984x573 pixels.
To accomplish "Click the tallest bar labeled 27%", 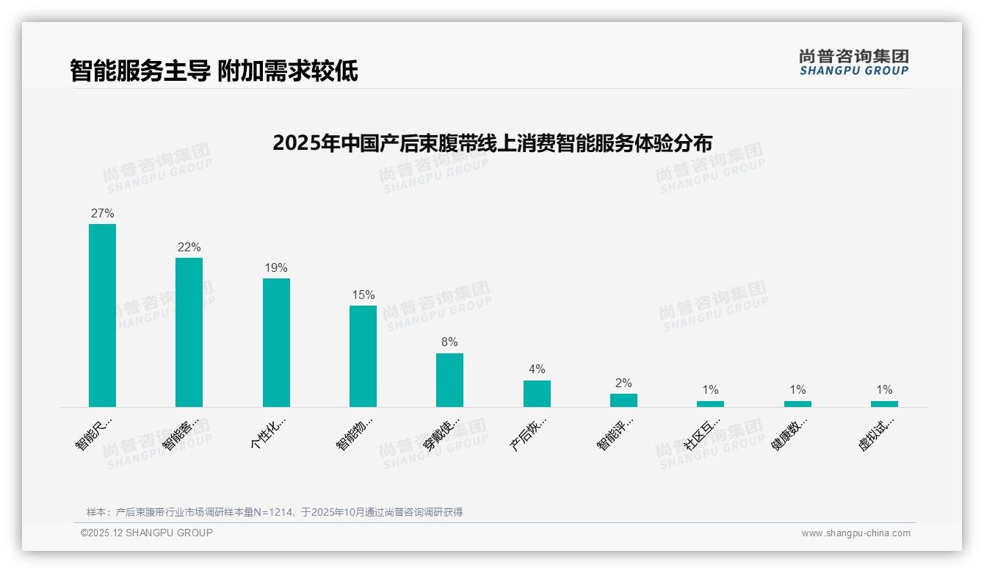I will pos(102,315).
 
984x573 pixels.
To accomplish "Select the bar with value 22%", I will pos(189,332).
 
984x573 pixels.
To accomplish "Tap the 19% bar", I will pos(276,342).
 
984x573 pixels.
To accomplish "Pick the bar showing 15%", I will pos(363,356).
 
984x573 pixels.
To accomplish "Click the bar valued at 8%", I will pos(449,380).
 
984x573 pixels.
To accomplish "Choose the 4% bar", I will pos(537,394).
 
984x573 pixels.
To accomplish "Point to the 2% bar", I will pos(623,400).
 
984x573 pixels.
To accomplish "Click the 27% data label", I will pos(102,214).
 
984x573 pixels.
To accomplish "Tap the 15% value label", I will pos(363,295).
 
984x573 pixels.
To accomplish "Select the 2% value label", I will pos(623,383).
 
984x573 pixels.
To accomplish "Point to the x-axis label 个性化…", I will pos(268,433).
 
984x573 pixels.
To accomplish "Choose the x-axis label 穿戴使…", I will pos(442,433).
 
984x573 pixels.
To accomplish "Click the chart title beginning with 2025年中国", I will pos(492,143).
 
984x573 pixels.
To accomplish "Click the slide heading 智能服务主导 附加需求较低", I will pos(214,71).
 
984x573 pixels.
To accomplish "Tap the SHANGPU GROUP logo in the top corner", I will pos(853,62).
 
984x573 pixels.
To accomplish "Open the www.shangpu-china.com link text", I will pos(855,533).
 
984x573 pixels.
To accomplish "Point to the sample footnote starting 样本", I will pos(274,512).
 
